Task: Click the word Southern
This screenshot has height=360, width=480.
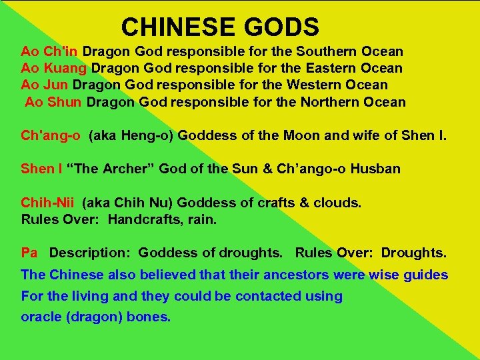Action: [x=326, y=51]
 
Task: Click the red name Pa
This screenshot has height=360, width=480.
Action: [x=29, y=253]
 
